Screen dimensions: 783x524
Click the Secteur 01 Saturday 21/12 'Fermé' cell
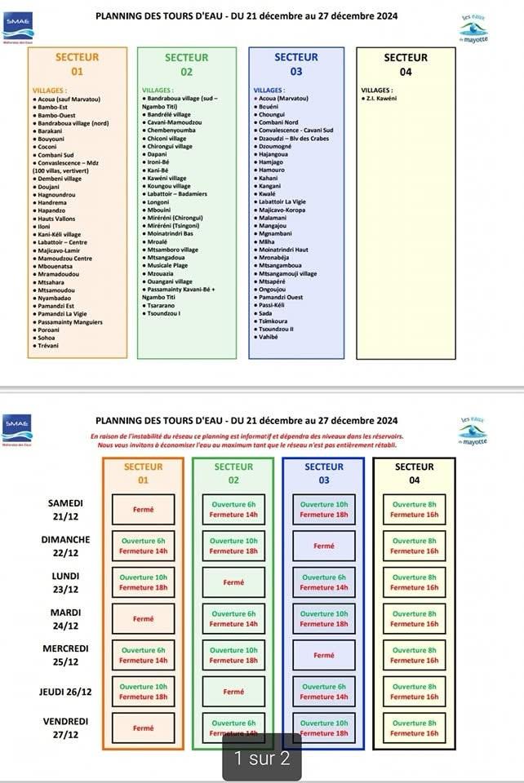click(x=143, y=509)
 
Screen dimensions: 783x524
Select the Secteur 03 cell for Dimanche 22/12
click(x=323, y=546)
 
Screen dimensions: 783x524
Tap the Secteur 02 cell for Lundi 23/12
click(x=233, y=582)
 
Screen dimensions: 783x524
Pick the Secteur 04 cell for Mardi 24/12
click(x=415, y=619)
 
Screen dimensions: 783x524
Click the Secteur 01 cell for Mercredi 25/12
click(x=143, y=655)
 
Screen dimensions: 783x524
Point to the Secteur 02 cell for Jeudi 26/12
click(x=233, y=692)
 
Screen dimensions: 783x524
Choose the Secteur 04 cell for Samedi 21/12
click(x=415, y=509)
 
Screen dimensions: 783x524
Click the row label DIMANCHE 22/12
click(x=66, y=546)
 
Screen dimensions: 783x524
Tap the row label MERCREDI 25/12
click(x=66, y=655)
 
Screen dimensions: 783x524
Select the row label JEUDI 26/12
click(x=66, y=692)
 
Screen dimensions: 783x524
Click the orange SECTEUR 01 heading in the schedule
click(x=143, y=473)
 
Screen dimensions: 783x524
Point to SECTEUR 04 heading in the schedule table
click(x=415, y=473)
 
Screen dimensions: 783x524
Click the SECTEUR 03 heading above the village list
click(x=295, y=64)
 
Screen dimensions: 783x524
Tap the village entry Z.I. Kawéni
click(x=380, y=98)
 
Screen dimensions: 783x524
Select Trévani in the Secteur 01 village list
click(x=46, y=345)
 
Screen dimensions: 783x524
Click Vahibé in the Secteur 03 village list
click(x=269, y=336)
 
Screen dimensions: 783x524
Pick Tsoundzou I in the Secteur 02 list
click(x=164, y=312)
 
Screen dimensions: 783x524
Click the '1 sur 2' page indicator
click(x=262, y=758)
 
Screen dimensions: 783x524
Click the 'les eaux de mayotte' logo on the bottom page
click(x=473, y=430)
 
